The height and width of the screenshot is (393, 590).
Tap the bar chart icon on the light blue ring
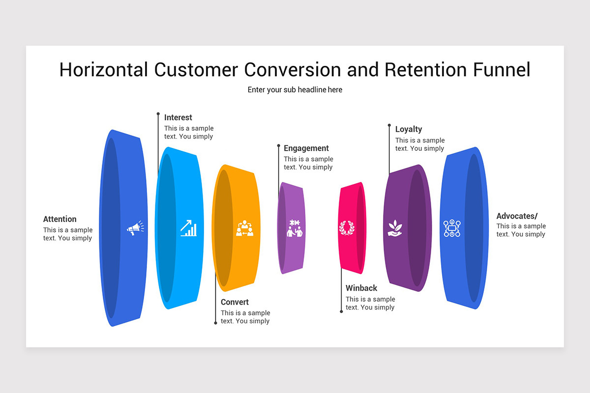click(x=188, y=228)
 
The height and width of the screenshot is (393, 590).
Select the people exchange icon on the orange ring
click(x=244, y=228)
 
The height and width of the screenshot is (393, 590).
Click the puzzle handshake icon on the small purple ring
click(x=295, y=228)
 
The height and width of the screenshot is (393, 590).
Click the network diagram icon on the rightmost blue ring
click(x=452, y=228)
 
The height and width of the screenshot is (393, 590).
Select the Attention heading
click(x=60, y=219)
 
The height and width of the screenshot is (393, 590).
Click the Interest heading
click(x=178, y=117)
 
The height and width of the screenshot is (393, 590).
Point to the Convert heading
click(x=235, y=302)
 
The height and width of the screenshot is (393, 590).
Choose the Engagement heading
click(x=306, y=148)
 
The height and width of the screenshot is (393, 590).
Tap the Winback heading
click(x=361, y=288)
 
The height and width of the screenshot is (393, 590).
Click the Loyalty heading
click(x=409, y=129)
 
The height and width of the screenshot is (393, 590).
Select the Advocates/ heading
click(x=517, y=216)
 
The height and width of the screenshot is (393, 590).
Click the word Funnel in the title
click(x=502, y=70)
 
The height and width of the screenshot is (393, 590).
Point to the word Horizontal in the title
click(x=103, y=70)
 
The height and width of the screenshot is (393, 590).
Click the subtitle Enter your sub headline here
click(x=295, y=90)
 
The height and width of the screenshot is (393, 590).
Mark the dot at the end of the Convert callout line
click(x=215, y=323)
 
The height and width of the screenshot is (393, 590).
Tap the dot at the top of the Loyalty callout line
click(x=389, y=125)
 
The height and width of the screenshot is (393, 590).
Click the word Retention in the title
click(x=426, y=70)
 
